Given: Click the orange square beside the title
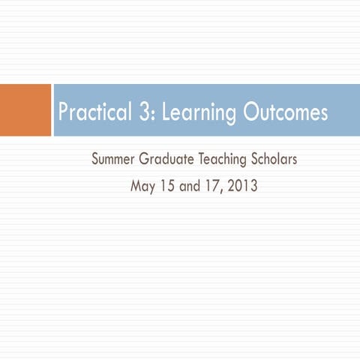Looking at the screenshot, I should pyautogui.click(x=25, y=110).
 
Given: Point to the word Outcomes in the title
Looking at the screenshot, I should pyautogui.click(x=286, y=113).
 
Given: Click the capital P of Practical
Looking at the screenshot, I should pyautogui.click(x=64, y=113).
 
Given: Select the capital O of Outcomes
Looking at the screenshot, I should pyautogui.click(x=252, y=113).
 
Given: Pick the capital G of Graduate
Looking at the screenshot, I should pyautogui.click(x=144, y=160).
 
